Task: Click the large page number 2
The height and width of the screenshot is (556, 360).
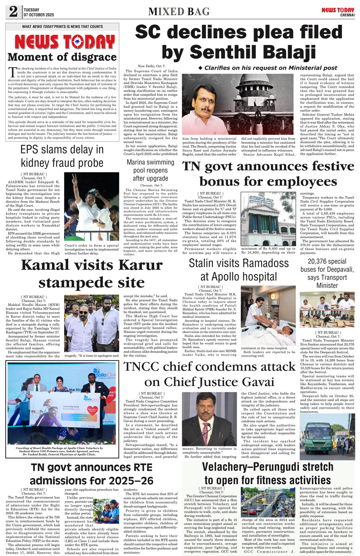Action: pyautogui.click(x=13, y=12)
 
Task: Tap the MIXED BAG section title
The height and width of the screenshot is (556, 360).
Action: pyautogui.click(x=179, y=12)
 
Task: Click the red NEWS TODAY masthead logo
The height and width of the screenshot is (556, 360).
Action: pyautogui.click(x=65, y=42)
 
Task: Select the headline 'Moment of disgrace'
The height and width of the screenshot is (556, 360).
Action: pyautogui.click(x=62, y=57)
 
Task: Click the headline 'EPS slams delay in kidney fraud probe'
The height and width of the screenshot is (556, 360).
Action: pyautogui.click(x=62, y=156)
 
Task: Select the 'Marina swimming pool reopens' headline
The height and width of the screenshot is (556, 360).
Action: pyautogui.click(x=150, y=170)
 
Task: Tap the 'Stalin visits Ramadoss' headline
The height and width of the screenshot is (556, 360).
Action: pyautogui.click(x=239, y=270)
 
